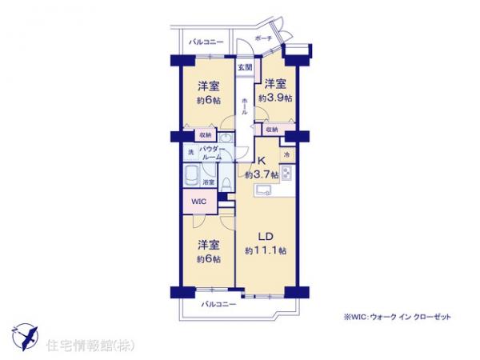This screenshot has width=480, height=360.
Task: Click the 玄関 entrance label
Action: coord(245,67)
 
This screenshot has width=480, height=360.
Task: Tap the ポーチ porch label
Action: coord(264,38)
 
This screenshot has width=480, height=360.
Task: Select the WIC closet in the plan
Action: coord(197,202)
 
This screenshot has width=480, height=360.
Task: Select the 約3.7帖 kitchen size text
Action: coord(262,174)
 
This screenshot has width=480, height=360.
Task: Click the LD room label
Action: coord(266,236)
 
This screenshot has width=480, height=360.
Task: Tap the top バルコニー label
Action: coord(206,42)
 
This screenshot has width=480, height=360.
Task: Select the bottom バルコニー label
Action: coord(218,304)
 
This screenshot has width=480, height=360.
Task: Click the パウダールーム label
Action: coord(213,154)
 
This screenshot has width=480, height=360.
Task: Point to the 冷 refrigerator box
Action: coord(286,154)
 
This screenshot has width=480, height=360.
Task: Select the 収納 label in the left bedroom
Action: coord(206,135)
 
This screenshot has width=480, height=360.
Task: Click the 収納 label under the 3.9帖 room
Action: coord(272,130)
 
